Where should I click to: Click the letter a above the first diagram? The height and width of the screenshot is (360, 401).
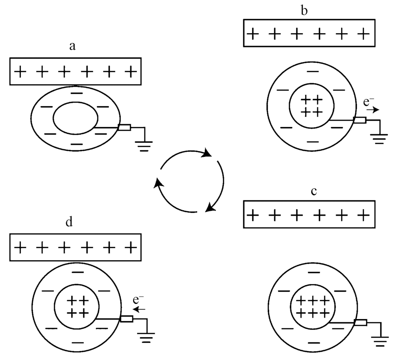click(72, 47)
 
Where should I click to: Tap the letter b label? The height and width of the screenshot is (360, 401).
click(305, 11)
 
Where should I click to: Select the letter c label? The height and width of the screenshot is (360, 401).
click(314, 191)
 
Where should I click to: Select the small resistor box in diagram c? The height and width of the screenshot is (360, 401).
click(360, 323)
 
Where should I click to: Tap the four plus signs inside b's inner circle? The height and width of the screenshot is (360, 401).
click(312, 105)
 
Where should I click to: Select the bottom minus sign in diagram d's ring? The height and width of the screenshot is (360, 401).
click(78, 343)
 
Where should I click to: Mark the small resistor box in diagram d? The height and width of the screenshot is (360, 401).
click(127, 319)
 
